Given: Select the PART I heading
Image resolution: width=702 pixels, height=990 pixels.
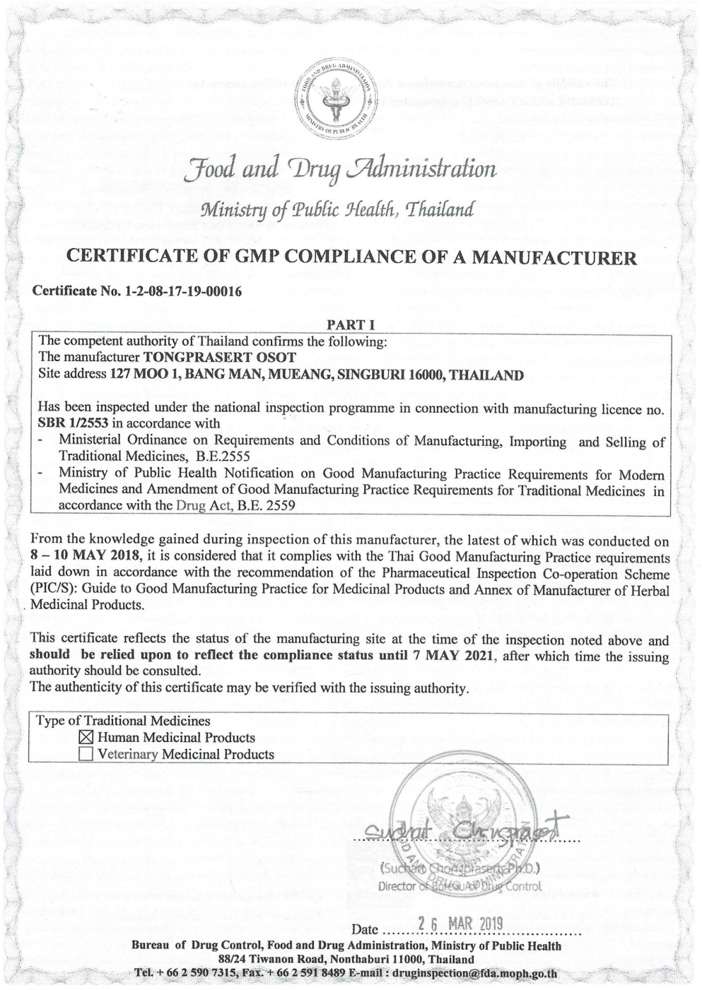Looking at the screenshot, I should coord(350,325).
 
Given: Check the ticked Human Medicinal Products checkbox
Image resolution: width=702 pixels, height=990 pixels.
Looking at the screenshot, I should coord(86,738).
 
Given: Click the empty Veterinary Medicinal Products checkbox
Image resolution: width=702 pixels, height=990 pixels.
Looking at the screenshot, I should coord(86,754).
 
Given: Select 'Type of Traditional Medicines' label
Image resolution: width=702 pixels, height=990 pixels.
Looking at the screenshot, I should coord(124,721).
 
